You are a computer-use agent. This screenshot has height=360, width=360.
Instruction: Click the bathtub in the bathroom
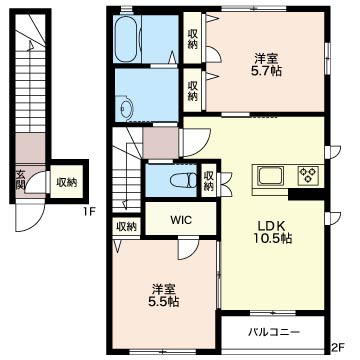coord(126,38)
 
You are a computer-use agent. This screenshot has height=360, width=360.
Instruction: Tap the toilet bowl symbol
coord(183,180)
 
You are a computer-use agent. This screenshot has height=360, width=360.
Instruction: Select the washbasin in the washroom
coord(127,108)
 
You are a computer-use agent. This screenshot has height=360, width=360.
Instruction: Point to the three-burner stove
coord(308,176)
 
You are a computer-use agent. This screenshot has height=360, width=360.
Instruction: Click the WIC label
coord(181,220)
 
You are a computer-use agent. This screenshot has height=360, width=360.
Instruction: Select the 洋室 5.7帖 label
coord(266,65)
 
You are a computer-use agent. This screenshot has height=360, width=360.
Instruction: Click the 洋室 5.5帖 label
coord(163,295)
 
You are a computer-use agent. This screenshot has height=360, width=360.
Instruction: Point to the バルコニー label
coord(274,332)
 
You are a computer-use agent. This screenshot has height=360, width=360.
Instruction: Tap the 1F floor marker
coord(91,210)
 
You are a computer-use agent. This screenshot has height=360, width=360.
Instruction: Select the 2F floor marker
coord(337,348)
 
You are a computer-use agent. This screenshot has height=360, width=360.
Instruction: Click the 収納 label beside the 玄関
coord(67,182)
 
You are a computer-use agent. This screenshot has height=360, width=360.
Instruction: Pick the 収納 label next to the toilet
coord(209,181)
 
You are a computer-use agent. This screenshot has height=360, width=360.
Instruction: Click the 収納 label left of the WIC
coord(126,227)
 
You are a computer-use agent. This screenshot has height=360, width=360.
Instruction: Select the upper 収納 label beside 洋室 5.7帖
coord(192,39)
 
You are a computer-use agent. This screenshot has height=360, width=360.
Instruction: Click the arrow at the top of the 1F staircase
coord(31,47)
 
